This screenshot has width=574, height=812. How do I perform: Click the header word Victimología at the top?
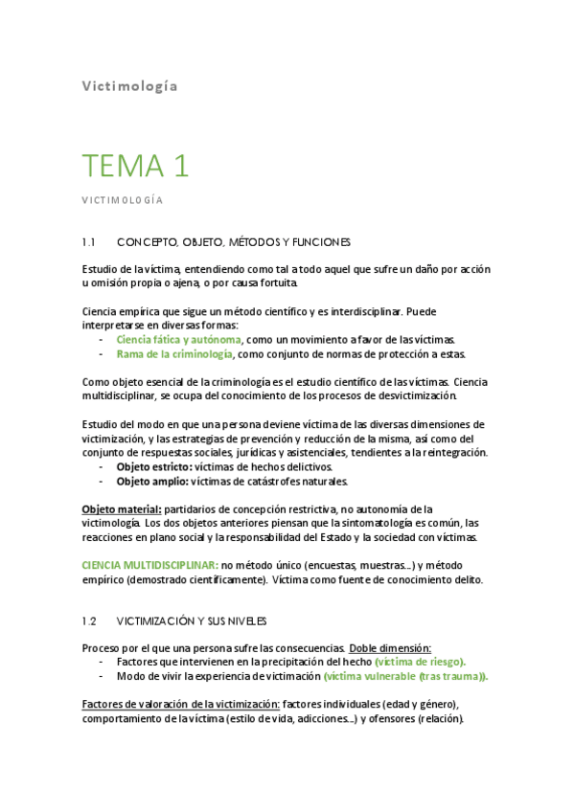[128, 85]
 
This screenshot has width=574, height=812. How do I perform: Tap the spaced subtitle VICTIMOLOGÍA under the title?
[122, 200]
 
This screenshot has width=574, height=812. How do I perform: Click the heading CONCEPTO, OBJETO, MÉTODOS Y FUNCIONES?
[233, 242]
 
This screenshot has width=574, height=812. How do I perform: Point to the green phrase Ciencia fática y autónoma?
[179, 340]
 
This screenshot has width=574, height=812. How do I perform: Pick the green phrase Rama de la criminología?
[174, 354]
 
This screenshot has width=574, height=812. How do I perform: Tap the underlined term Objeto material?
[121, 509]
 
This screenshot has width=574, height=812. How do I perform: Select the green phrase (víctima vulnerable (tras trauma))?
[405, 676]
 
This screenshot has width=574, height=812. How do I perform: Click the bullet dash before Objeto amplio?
[102, 481]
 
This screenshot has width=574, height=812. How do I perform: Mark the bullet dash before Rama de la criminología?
[102, 354]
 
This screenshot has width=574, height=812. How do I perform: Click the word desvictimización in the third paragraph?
[411, 395]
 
